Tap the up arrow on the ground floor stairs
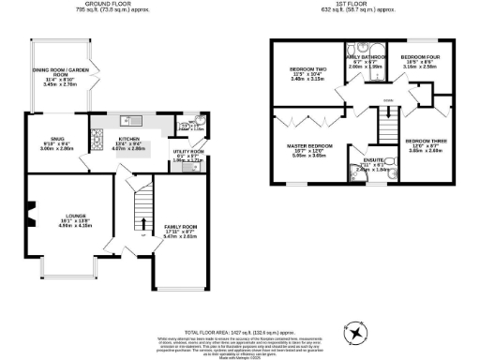tap(142, 222)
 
